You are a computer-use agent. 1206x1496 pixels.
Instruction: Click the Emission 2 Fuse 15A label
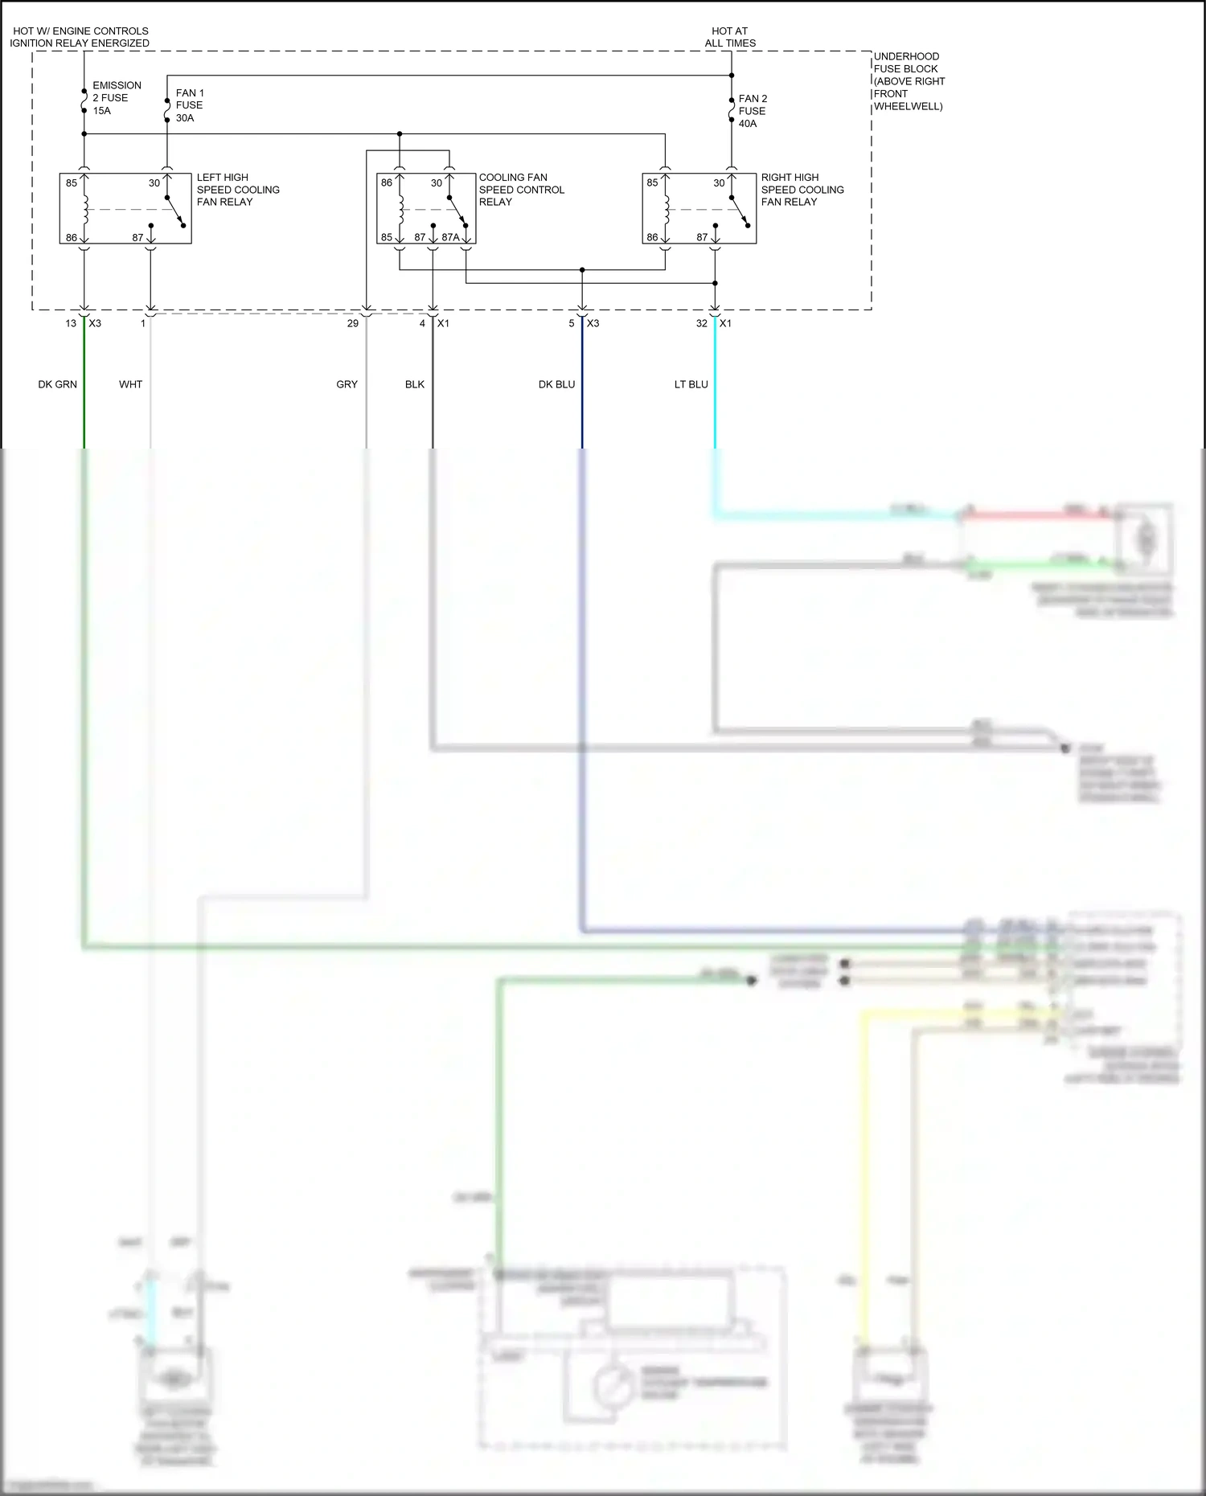[x=117, y=98]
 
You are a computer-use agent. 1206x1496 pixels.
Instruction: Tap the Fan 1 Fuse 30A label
[x=189, y=105]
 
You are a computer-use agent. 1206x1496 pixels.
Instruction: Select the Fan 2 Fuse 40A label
[x=753, y=111]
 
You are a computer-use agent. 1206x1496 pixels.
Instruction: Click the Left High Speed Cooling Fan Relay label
[x=238, y=190]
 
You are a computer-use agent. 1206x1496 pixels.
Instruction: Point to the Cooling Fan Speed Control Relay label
[x=521, y=190]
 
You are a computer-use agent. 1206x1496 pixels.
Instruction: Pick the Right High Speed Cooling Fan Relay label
[x=802, y=190]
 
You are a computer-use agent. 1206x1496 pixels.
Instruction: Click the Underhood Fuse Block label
[x=909, y=81]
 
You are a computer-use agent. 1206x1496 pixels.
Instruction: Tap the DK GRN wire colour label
[x=58, y=384]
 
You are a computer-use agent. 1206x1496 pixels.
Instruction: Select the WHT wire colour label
[x=130, y=384]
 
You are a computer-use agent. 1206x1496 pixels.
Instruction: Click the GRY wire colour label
[x=347, y=384]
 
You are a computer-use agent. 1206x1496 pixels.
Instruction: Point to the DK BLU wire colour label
[x=556, y=384]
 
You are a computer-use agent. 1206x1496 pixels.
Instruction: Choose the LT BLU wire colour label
[x=691, y=384]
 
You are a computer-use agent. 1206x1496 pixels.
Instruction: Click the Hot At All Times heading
[x=730, y=37]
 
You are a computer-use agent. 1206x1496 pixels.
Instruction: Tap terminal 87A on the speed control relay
[x=450, y=237]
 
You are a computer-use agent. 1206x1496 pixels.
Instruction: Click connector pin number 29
[x=352, y=323]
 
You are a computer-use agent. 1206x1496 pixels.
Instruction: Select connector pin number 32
[x=701, y=323]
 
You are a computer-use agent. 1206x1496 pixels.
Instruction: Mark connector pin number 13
[x=71, y=323]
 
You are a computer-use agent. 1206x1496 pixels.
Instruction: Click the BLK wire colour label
[x=414, y=384]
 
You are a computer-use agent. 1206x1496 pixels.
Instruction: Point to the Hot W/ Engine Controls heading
[x=80, y=37]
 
